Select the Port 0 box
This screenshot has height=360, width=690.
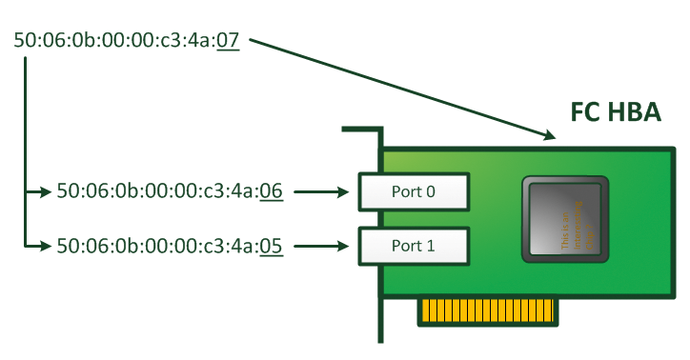click(x=413, y=191)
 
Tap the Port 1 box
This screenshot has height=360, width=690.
click(x=413, y=246)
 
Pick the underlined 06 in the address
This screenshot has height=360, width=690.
click(x=271, y=191)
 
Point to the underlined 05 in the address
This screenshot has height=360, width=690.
click(x=271, y=246)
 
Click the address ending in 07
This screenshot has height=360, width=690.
click(x=126, y=42)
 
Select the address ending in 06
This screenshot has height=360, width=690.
click(x=170, y=191)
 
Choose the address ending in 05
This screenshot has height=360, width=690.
click(x=170, y=246)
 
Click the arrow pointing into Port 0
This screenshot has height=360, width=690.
click(x=322, y=191)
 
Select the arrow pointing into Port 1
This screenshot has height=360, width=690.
click(x=322, y=246)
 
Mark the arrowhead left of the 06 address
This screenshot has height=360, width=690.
click(x=45, y=191)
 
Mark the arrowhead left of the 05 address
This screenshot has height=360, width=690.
click(x=45, y=246)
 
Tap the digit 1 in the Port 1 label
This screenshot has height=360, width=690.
click(x=431, y=246)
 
